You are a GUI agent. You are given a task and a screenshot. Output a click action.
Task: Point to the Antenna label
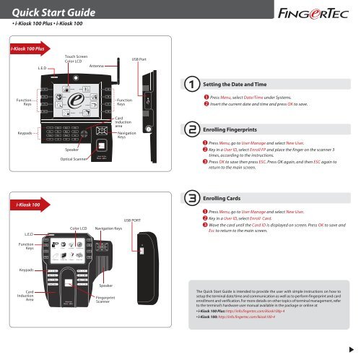97,66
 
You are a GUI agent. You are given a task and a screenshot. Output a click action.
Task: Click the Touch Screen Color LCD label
77,58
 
